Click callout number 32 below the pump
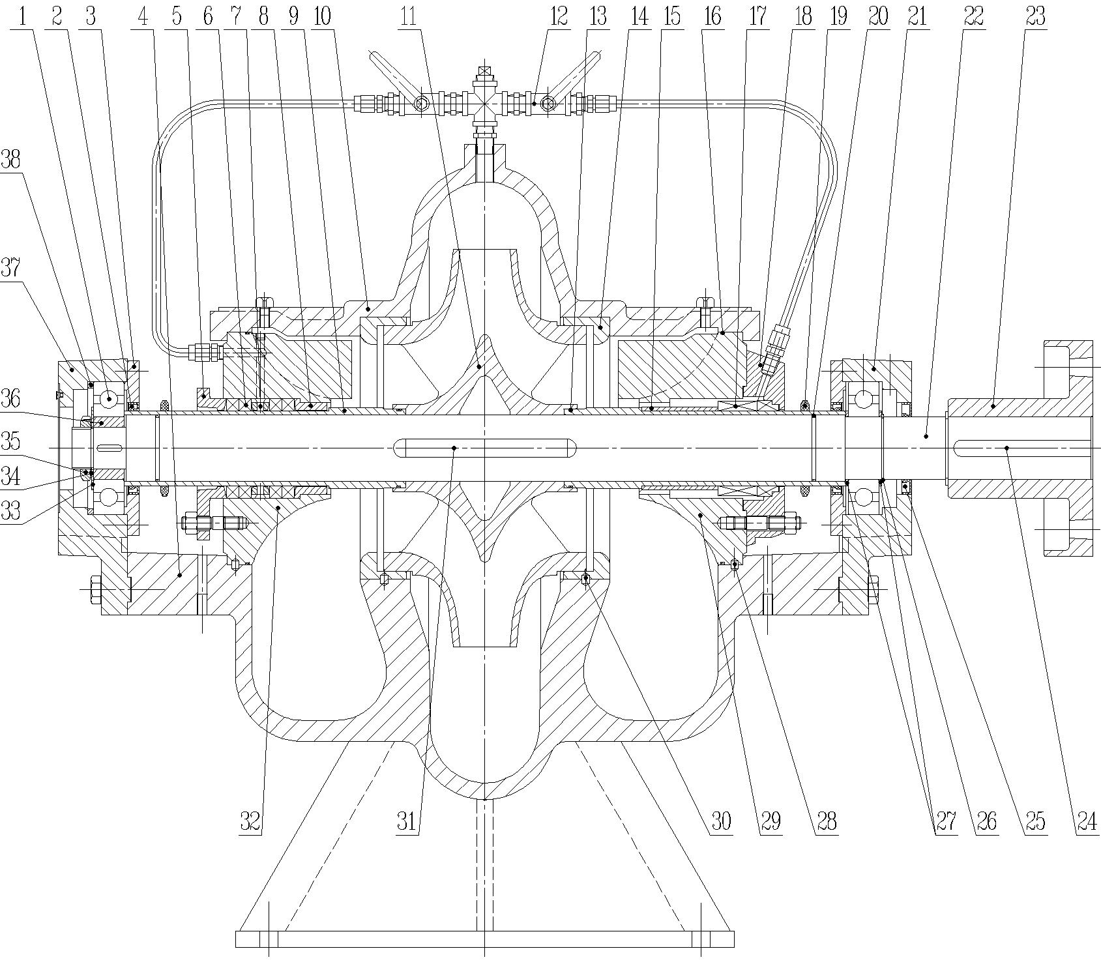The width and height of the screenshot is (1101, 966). click(x=250, y=822)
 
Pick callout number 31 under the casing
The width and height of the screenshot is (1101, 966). click(x=407, y=822)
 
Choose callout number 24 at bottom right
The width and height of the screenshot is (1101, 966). click(x=1087, y=822)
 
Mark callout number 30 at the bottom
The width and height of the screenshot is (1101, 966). click(x=721, y=822)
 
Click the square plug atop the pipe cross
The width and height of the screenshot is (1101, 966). click(x=484, y=70)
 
